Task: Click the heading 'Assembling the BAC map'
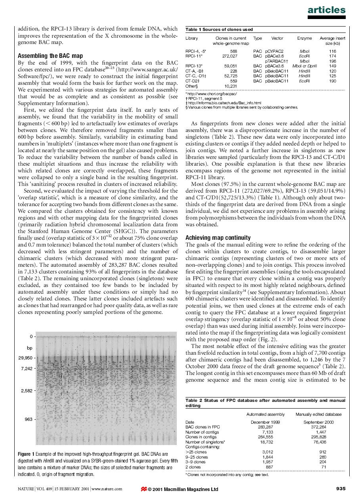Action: pos(50,56)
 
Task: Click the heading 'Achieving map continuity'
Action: pos(218,238)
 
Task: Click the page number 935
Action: pos(341,488)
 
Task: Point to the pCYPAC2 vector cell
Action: pos(274,52)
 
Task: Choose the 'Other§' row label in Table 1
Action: pos(191,86)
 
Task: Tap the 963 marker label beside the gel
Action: pos(28,419)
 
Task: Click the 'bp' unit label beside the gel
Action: pos(29,348)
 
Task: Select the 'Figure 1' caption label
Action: pos(26,454)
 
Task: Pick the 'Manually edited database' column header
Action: pos(318,414)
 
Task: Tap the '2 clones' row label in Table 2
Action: pos(193,467)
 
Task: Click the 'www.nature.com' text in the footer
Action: pos(107,489)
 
